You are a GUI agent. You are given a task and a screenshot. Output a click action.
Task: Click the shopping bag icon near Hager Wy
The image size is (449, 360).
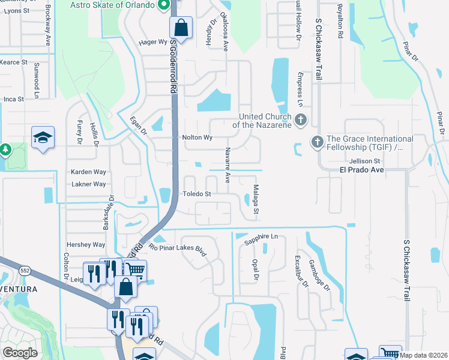(181, 28)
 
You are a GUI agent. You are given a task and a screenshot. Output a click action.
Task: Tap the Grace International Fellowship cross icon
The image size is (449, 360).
(317, 142)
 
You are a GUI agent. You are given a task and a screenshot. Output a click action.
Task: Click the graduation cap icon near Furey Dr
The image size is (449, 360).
(43, 138)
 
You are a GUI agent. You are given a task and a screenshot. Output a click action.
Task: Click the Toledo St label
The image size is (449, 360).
(197, 194)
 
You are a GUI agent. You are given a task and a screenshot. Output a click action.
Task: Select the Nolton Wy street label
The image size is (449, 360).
(197, 137)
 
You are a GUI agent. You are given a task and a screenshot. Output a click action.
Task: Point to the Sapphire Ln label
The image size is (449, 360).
(262, 238)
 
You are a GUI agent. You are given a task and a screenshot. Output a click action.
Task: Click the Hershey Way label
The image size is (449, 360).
(86, 245)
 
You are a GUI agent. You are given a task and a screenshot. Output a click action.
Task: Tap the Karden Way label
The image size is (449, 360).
(88, 172)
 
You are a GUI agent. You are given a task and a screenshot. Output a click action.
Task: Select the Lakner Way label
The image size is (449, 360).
(88, 184)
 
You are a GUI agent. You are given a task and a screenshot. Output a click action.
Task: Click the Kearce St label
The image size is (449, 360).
(14, 62)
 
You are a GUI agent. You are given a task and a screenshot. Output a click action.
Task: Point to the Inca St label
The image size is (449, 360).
(13, 99)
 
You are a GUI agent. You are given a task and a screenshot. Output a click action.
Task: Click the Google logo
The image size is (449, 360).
(20, 352)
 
